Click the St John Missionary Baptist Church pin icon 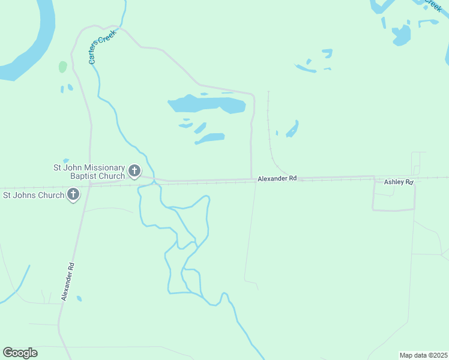click(134, 172)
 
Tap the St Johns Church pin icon click(73, 194)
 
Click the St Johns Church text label click(34, 195)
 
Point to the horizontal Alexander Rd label click(277, 178)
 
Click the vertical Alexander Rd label click(67, 281)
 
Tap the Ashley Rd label click(399, 182)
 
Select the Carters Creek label click(101, 46)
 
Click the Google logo click(20, 353)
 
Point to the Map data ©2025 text click(423, 355)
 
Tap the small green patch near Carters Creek click(62, 67)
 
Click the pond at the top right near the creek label click(401, 35)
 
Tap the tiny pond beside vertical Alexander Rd click(79, 298)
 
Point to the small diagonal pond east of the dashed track click(292, 129)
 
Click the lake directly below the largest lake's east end click(209, 139)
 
